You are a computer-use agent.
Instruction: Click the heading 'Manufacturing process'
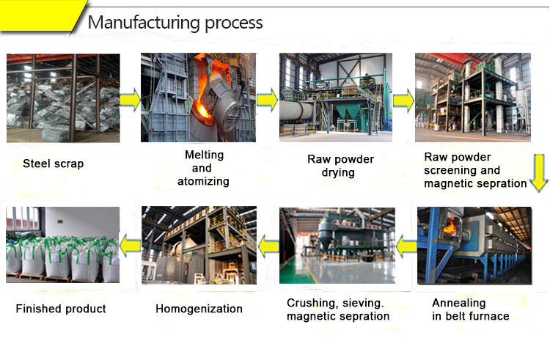coord(175,23)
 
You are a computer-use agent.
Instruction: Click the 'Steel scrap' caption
coord(53,164)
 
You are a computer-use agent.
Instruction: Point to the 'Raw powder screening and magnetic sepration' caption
coord(475,170)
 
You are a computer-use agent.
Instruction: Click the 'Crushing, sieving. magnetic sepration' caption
coord(338,309)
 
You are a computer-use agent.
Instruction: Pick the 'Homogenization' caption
coord(199,309)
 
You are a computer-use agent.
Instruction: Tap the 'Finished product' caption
coord(61,309)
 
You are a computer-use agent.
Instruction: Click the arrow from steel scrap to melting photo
coord(130,99)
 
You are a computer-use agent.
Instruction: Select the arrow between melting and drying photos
coord(267,99)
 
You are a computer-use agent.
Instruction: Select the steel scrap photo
coord(63,98)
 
